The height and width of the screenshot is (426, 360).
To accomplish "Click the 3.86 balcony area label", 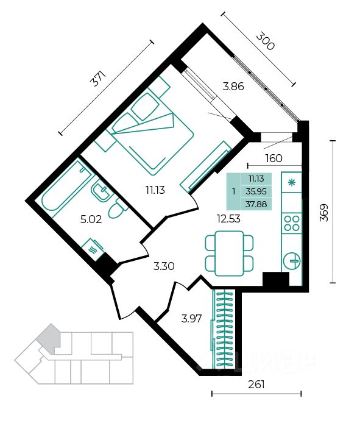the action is tap(233, 87).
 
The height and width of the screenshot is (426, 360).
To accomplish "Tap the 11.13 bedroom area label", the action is tap(155, 190).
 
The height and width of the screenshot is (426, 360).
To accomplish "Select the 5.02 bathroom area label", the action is tap(91, 219).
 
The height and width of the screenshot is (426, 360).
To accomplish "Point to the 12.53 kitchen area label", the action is tap(228, 218).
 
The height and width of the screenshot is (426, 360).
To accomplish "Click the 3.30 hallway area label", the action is tap(164, 266).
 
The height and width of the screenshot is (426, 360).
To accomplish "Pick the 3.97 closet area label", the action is tap(192, 318).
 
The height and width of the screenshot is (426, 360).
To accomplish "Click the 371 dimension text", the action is tap(97, 79).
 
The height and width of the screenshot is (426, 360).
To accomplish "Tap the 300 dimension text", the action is tap(265, 41).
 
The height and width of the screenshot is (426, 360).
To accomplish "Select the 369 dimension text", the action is tap(324, 213).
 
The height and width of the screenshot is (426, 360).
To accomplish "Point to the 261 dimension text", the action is tap(256, 385).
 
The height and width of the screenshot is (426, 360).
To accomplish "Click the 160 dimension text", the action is tap(274, 158).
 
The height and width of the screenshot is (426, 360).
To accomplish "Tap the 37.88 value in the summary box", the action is tap(256, 204).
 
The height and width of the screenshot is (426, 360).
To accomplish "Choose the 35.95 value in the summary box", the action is tap(256, 191).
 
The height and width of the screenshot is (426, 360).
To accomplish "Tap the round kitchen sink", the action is tap(292, 261).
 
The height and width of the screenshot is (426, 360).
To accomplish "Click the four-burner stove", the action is tap(292, 223).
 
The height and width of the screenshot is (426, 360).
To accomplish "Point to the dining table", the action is tap(230, 254).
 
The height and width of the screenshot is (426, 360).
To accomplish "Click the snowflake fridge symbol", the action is tap(292, 183).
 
